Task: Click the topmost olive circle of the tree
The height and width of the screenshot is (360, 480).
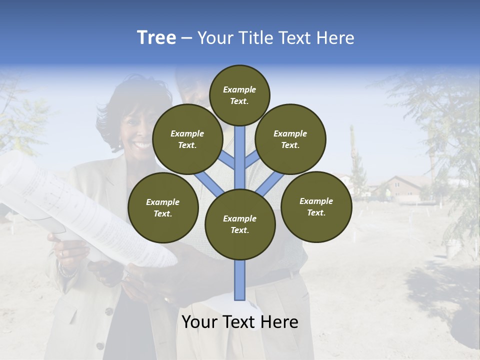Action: [239, 95]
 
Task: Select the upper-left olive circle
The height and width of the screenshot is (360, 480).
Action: [187, 139]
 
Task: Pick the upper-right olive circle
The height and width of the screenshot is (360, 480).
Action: [290, 139]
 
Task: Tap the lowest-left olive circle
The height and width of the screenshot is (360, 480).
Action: [163, 207]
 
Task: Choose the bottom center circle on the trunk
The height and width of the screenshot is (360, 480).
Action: [240, 224]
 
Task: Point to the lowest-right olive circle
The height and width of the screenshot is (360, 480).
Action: [316, 206]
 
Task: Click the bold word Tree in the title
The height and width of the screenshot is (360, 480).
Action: [156, 38]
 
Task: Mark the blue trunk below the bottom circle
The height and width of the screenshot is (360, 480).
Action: [240, 280]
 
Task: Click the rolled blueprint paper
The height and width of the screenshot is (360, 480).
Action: [75, 210]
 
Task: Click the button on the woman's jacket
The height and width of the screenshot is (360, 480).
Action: [108, 311]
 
